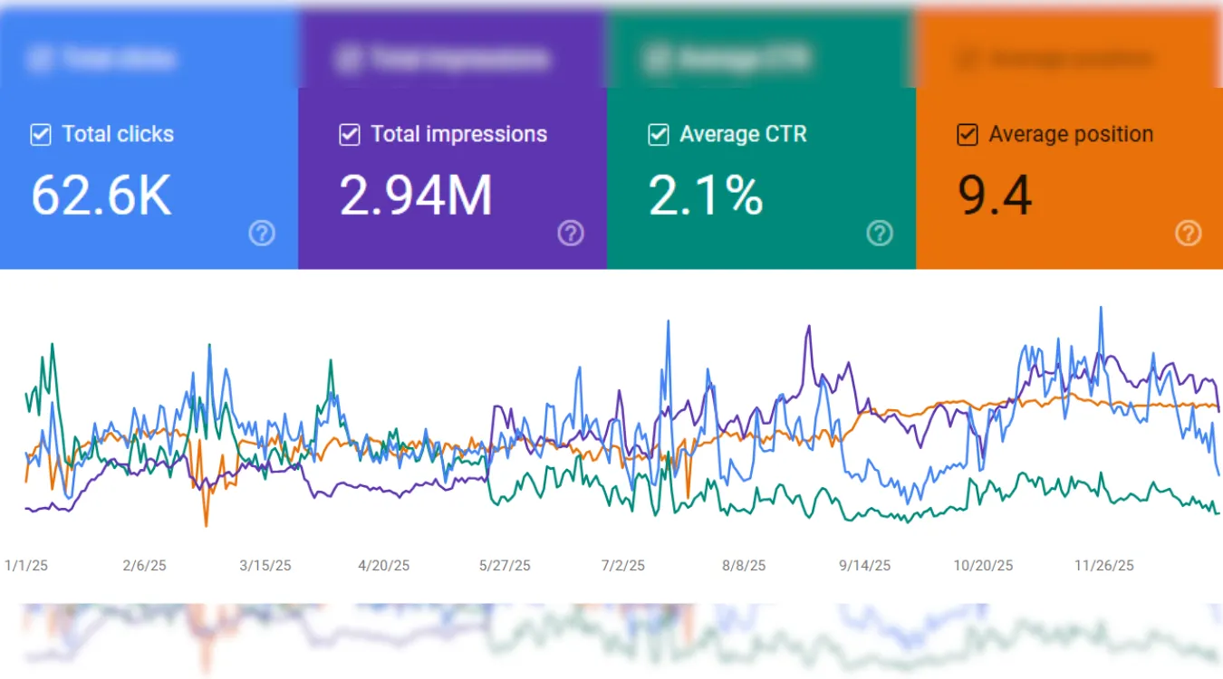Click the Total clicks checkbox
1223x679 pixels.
tap(41, 135)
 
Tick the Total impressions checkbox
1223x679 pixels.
tap(350, 135)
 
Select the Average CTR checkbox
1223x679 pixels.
tap(659, 135)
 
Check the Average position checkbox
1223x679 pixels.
tap(968, 135)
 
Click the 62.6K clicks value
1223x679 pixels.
tap(101, 196)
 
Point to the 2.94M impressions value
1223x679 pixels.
tap(416, 196)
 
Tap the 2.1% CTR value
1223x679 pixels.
tap(706, 196)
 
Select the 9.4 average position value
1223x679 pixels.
tap(995, 196)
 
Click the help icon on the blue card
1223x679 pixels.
tap(262, 234)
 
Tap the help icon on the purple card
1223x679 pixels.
tap(571, 234)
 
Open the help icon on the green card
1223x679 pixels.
tap(880, 234)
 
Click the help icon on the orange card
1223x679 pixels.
tap(1189, 234)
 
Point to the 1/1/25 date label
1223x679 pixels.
tap(26, 566)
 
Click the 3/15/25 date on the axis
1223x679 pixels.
tap(265, 566)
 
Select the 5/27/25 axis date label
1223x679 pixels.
tap(505, 566)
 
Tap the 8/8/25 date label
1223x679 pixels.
tap(744, 566)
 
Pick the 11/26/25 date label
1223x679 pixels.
tap(1104, 566)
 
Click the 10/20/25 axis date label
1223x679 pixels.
tap(983, 566)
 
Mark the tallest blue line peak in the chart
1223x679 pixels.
tap(1101, 308)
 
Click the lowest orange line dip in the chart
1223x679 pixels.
tap(206, 525)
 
